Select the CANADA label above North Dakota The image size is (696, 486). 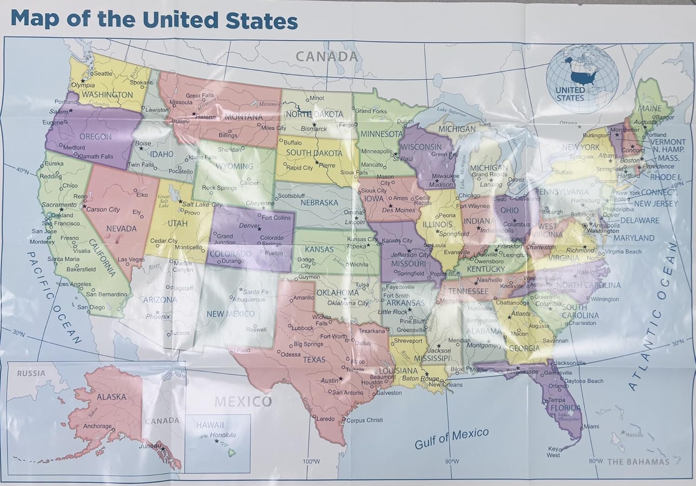(x=327, y=57)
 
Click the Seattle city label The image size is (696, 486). (x=103, y=73)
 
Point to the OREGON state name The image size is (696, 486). (x=96, y=137)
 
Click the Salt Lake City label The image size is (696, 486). (x=202, y=204)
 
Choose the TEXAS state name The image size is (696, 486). (x=314, y=360)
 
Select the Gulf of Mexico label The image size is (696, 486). (x=451, y=438)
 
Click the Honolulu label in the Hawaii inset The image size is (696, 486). (x=223, y=435)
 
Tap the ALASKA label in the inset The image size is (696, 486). (x=111, y=397)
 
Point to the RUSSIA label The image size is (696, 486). (x=32, y=373)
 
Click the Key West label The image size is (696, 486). (x=553, y=452)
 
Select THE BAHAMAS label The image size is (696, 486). (x=638, y=461)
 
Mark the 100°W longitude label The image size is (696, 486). (x=312, y=461)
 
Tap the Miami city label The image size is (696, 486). (x=592, y=426)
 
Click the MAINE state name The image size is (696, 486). (x=650, y=108)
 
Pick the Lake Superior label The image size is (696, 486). (x=451, y=111)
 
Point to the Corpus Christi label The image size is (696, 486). (x=365, y=420)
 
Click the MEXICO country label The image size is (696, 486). (x=243, y=401)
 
